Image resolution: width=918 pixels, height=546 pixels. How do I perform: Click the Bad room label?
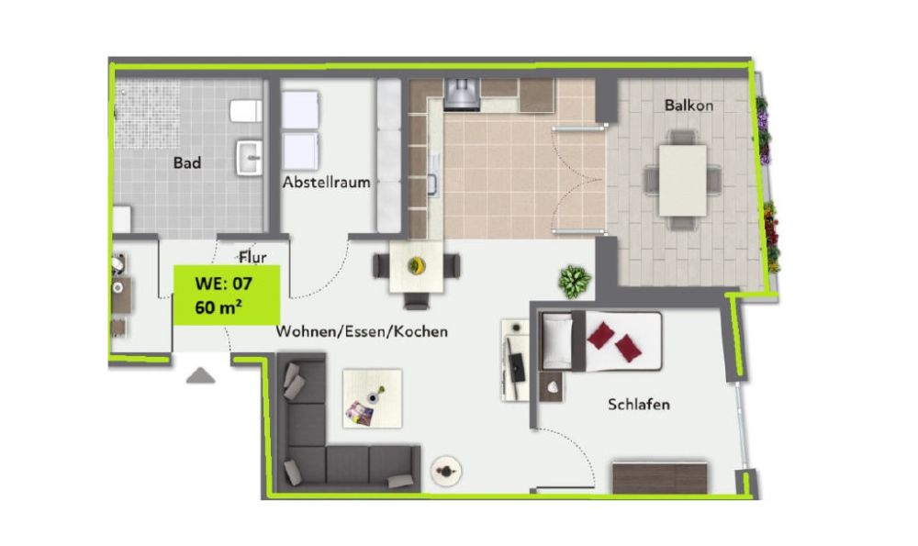(x=187, y=163)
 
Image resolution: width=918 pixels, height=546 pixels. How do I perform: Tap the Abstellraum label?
(x=326, y=182)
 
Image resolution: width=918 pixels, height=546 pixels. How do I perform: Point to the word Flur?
(x=252, y=257)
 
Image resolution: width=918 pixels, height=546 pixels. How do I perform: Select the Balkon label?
(x=688, y=106)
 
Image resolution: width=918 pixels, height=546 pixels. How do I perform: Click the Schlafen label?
(x=639, y=404)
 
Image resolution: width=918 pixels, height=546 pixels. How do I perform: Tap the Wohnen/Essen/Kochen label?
(x=362, y=331)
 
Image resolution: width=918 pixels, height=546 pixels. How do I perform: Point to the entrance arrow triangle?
(x=200, y=374)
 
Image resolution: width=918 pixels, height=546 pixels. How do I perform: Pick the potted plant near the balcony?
(x=576, y=280)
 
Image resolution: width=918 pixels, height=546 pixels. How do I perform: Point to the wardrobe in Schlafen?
(x=661, y=477)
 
